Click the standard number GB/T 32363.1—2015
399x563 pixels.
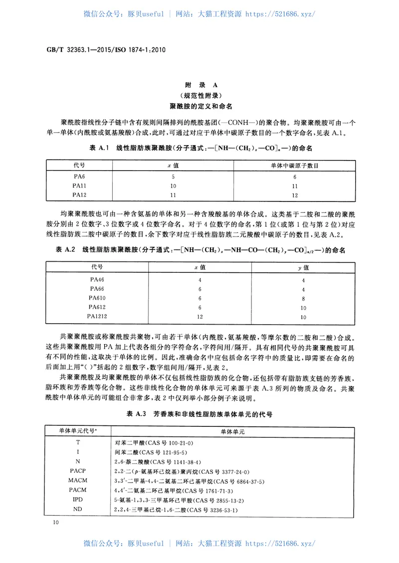[80, 50]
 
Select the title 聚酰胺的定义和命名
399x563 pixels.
[199, 106]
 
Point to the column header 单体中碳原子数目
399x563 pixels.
[295, 165]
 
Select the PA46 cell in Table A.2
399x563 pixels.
[97, 280]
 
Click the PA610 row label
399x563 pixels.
[97, 298]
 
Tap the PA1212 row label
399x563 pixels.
[97, 316]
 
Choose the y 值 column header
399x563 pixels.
[303, 268]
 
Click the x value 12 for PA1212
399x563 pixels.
[199, 316]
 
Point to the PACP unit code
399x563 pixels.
[78, 471]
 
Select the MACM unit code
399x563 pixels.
[78, 481]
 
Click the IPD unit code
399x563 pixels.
[78, 499]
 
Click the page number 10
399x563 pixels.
[49, 522]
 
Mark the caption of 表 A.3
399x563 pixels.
[199, 414]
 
